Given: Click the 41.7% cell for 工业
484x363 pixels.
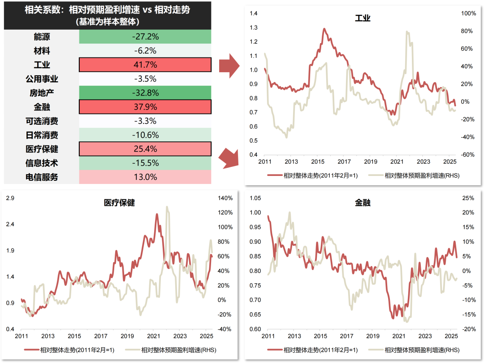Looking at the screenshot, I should [x=145, y=65].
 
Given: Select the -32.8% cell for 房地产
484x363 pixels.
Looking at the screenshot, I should [x=145, y=93].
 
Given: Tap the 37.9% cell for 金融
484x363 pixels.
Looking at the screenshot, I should [x=145, y=107].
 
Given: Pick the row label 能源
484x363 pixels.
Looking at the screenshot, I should [x=42, y=36].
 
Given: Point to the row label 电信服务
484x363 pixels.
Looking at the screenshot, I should [x=42, y=177].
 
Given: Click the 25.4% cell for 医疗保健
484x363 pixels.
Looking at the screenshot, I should [x=145, y=149].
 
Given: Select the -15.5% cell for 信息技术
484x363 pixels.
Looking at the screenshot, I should [x=145, y=163].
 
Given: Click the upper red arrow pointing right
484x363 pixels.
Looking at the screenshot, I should [x=229, y=65].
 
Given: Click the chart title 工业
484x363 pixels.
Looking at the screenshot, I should [x=363, y=18].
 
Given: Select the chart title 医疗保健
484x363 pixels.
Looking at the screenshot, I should [x=119, y=203].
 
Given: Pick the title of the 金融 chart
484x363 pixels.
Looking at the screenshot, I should [x=363, y=203].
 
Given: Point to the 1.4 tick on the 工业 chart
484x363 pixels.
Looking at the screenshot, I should [x=255, y=14].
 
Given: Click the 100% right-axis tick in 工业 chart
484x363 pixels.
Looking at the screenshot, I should [x=468, y=14].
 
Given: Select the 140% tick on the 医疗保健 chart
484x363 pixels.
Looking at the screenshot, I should [x=225, y=198].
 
